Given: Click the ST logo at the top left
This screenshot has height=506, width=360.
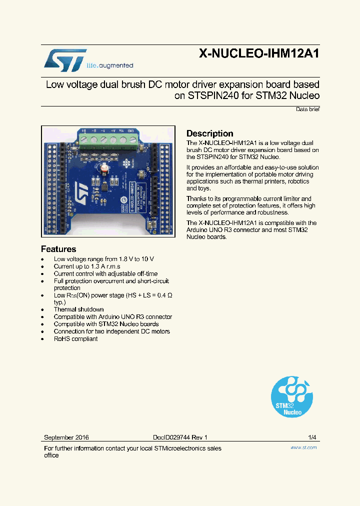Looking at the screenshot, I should pyautogui.click(x=65, y=60).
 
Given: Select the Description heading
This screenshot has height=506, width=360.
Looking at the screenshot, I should pyautogui.click(x=209, y=133).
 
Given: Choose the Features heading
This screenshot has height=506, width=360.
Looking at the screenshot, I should pyautogui.click(x=58, y=249).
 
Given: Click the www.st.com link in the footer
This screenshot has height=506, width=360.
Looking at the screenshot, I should pyautogui.click(x=303, y=447).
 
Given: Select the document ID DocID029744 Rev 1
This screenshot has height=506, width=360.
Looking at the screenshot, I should pyautogui.click(x=180, y=437).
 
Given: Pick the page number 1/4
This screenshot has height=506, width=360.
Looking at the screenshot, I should pyautogui.click(x=312, y=437).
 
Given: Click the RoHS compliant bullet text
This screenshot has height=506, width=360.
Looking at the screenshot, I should pyautogui.click(x=75, y=339).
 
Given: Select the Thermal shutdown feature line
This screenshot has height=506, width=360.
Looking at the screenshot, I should pyautogui.click(x=78, y=309).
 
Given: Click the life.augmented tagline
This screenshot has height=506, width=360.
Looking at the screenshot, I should pyautogui.click(x=110, y=65).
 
